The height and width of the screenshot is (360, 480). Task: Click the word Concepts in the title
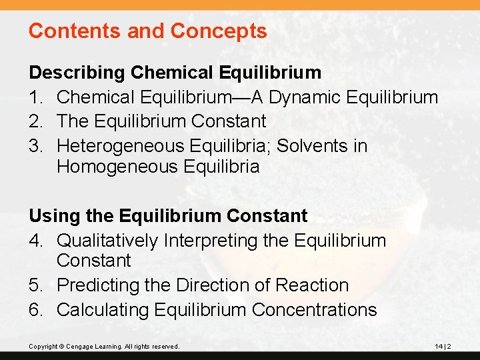pyautogui.click(x=219, y=31)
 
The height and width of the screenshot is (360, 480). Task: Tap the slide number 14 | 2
pyautogui.click(x=443, y=347)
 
